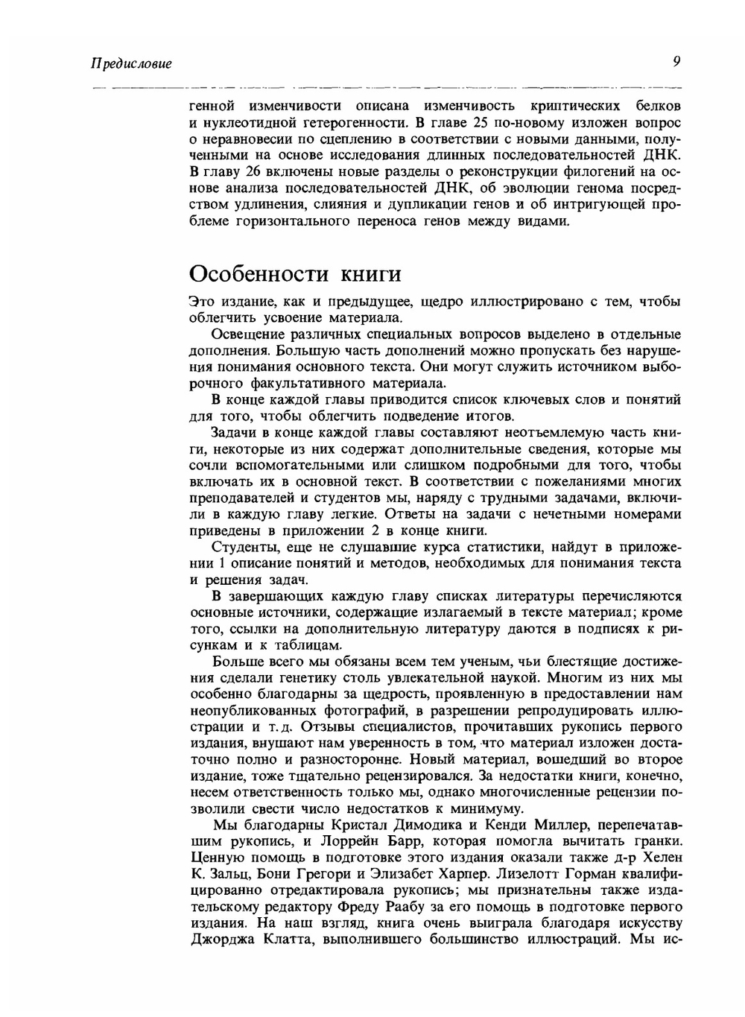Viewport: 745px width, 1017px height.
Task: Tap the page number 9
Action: [x=676, y=62]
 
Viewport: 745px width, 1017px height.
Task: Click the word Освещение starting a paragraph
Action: [x=246, y=335]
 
